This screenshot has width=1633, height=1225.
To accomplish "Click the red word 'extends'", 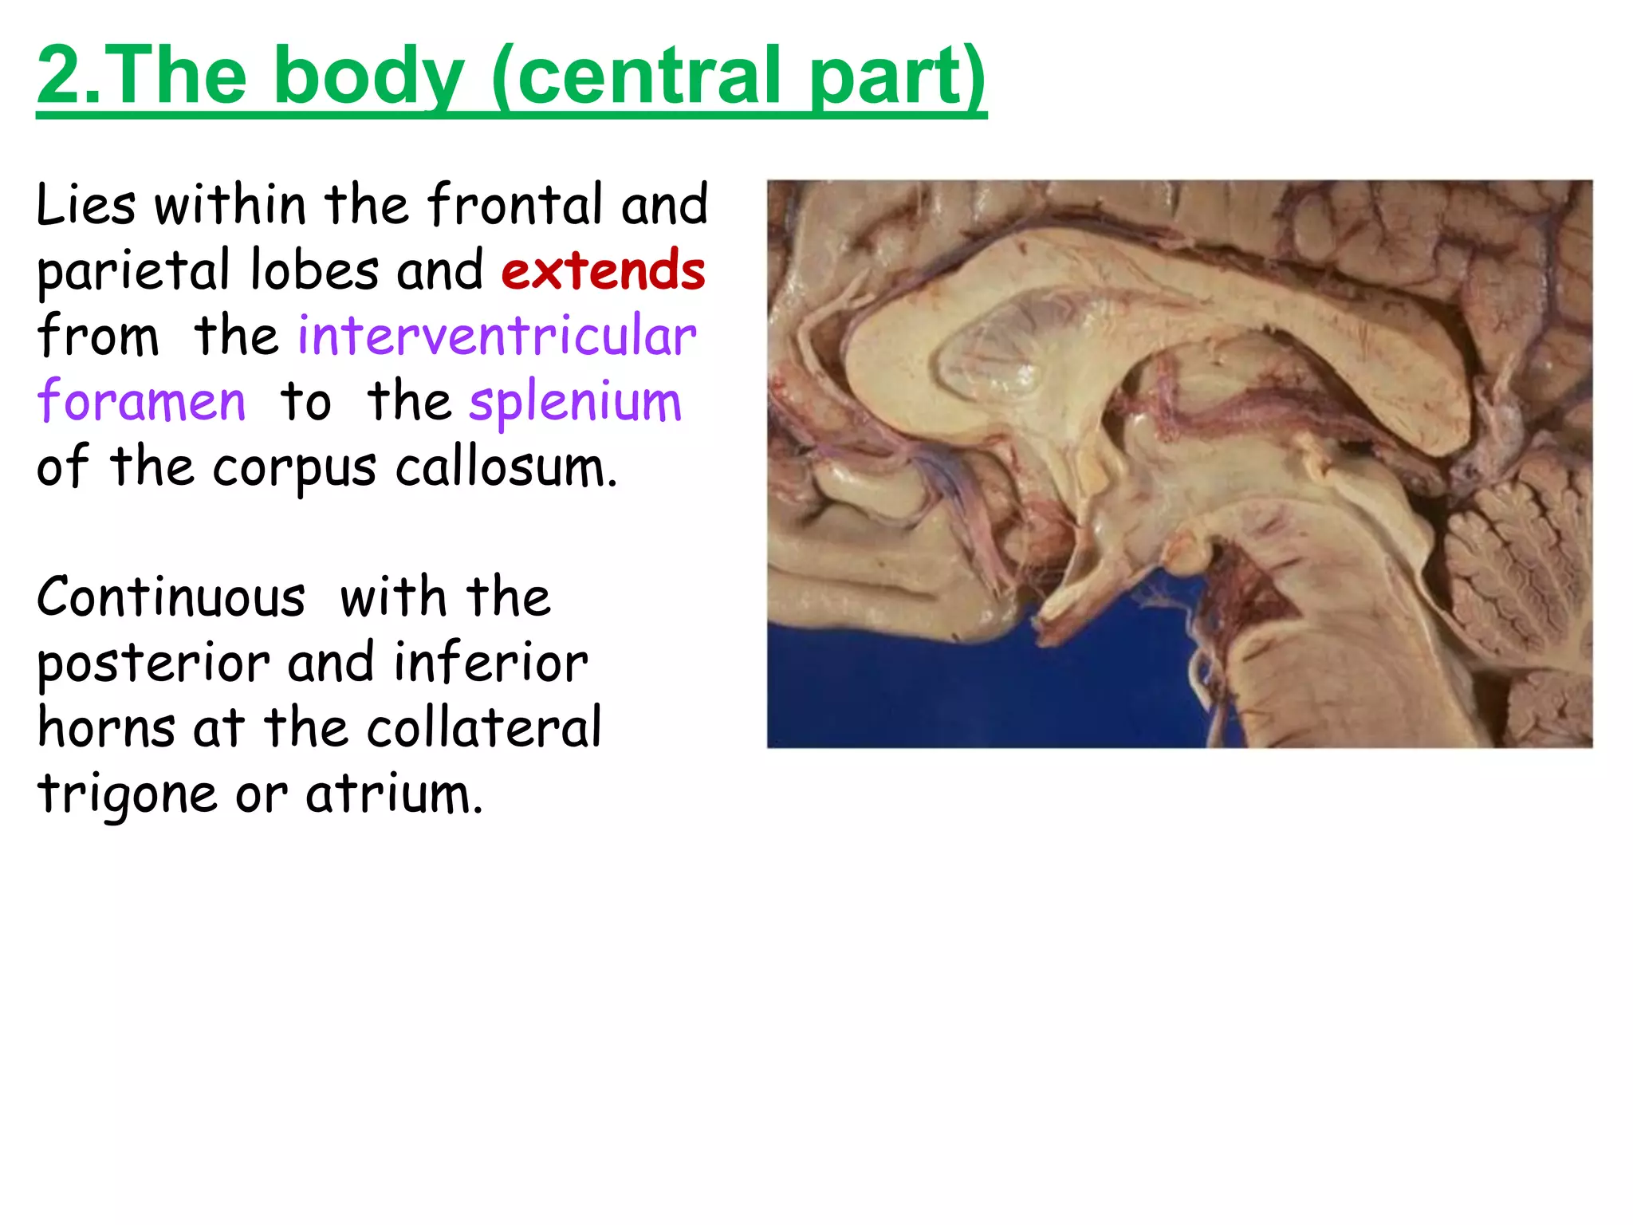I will [604, 270].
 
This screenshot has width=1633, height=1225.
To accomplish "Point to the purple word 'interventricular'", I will [498, 336].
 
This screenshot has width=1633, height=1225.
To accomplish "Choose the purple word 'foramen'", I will [141, 401].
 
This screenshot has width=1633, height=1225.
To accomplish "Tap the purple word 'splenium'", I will [575, 403].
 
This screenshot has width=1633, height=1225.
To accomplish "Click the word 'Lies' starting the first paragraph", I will [85, 205].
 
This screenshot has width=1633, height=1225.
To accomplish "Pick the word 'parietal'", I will [133, 272].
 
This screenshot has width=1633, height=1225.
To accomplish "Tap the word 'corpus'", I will [294, 469].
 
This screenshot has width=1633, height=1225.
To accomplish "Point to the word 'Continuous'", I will [171, 597].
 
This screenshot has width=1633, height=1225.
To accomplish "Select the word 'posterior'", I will [153, 664].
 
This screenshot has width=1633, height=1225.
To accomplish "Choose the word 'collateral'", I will [484, 728].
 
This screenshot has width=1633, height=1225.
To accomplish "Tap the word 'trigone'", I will [127, 795].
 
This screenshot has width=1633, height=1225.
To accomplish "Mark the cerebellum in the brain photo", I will [1515, 558].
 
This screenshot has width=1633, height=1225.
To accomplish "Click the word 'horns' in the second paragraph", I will [106, 728].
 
